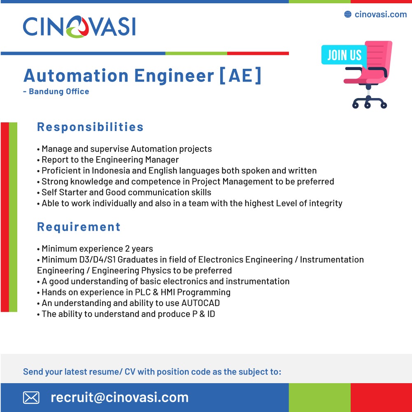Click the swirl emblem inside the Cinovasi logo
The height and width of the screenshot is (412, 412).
click(x=77, y=26)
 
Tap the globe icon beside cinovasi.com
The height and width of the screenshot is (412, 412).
click(x=348, y=14)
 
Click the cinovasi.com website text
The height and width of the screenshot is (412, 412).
click(x=381, y=14)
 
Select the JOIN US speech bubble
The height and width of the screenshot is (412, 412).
click(x=344, y=55)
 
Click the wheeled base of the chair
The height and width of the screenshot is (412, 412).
click(x=370, y=102)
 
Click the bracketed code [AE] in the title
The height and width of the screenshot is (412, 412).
click(x=240, y=76)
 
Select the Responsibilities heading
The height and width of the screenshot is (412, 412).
click(x=90, y=127)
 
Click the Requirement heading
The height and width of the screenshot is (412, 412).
click(x=79, y=227)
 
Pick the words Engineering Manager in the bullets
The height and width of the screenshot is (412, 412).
click(x=137, y=160)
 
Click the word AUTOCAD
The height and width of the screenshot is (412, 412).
click(x=200, y=303)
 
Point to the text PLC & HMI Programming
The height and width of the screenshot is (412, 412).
click(x=183, y=292)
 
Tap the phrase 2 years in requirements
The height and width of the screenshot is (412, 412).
click(x=139, y=248)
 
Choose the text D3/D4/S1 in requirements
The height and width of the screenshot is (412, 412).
click(x=97, y=260)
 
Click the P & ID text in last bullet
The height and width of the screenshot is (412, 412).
click(x=204, y=314)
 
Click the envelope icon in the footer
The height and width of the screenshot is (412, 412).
click(x=31, y=397)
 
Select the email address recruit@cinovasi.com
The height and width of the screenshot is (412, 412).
click(x=119, y=397)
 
